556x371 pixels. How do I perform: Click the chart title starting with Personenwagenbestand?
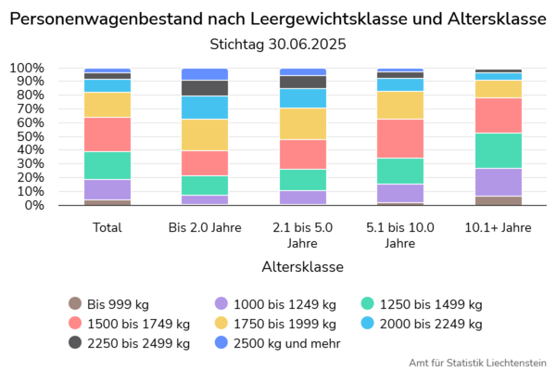278,19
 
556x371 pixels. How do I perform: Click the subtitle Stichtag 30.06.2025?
278,43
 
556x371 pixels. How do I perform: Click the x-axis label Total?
107,226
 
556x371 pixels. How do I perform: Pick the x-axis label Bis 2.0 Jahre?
205,226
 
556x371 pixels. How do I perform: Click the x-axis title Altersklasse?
302,266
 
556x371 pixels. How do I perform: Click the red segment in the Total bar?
107,134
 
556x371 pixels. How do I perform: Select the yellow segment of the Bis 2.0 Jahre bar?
205,134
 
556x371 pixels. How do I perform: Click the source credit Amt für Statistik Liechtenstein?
477,362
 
